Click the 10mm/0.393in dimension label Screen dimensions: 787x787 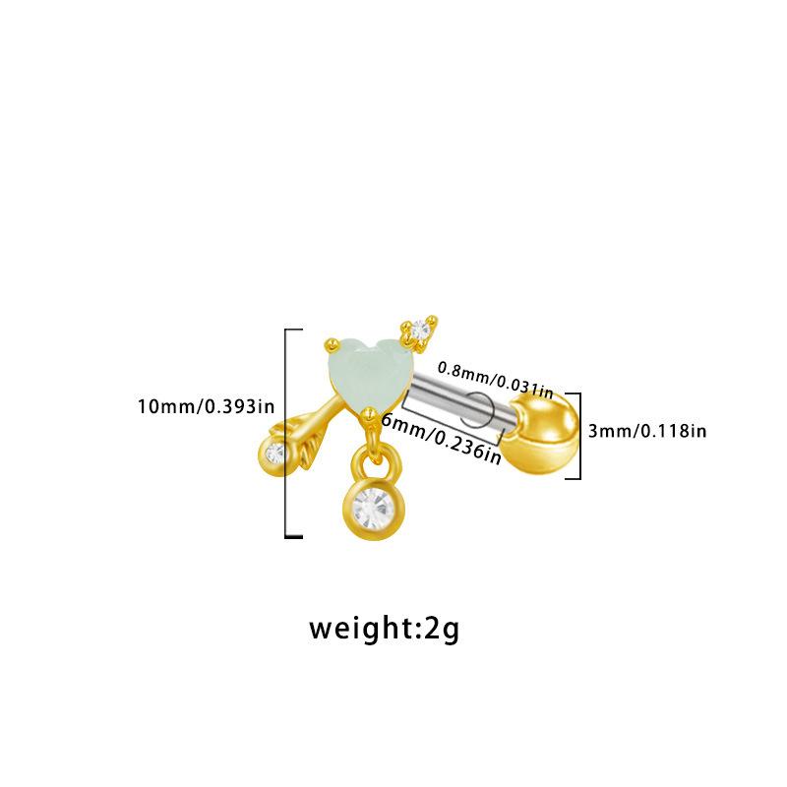(206, 405)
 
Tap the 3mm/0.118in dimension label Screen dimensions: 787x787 (647, 430)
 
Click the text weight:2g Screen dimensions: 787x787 (384, 627)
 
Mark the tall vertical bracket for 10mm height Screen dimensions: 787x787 (287, 433)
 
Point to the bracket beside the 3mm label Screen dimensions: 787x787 (578, 435)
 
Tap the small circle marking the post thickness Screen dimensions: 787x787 (477, 404)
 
